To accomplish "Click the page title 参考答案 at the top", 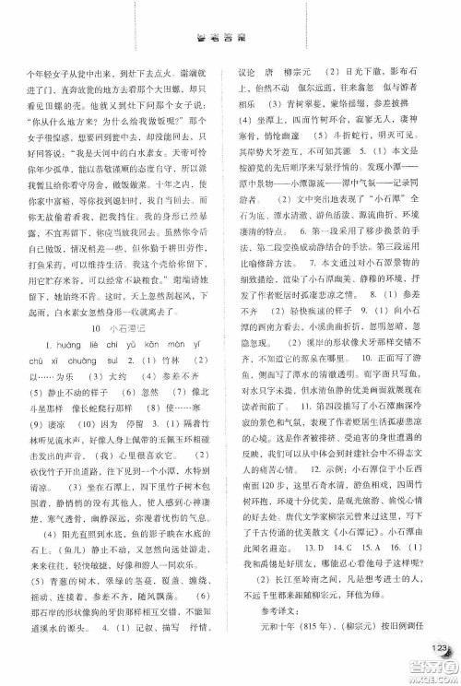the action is coord(230,41).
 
